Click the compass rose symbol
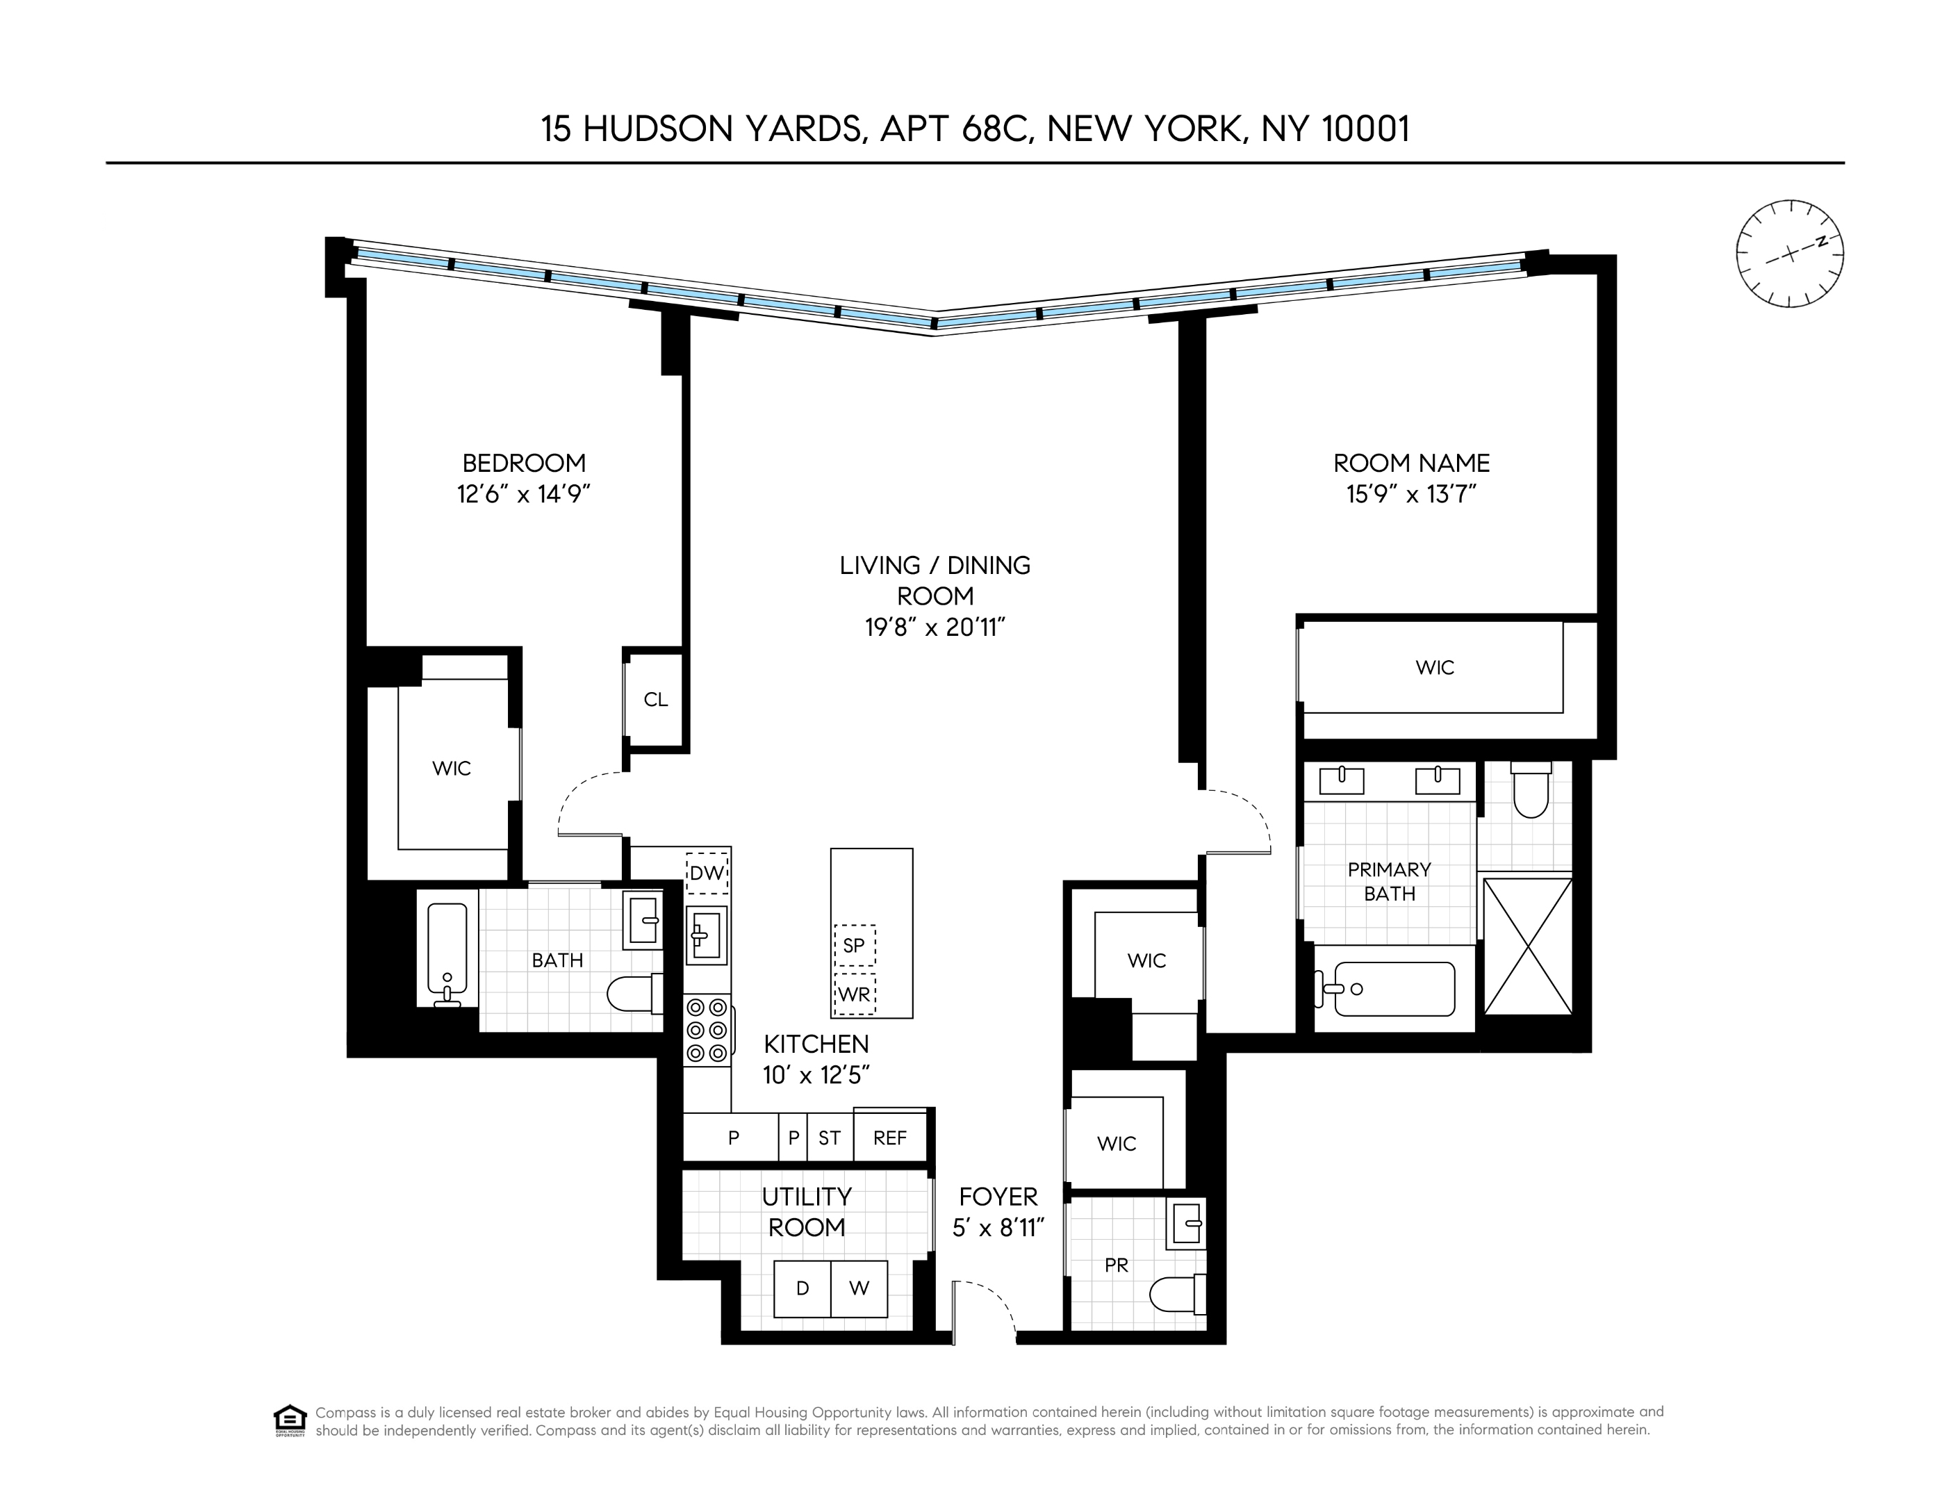pos(1789,254)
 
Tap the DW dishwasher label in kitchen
pos(707,873)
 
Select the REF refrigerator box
pos(890,1138)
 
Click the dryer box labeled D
pos(802,1288)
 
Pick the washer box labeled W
pos(859,1288)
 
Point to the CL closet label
pos(655,700)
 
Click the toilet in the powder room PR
pos(1176,1295)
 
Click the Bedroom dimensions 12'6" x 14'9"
pos(524,493)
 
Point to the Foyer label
pos(998,1197)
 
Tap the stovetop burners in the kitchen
pos(707,1031)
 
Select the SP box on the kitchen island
pos(854,945)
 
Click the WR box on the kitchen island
pos(854,994)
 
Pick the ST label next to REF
pos(830,1138)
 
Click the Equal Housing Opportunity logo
pos(290,1421)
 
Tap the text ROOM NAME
pos(1411,464)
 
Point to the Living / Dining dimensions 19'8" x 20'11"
pos(935,628)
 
